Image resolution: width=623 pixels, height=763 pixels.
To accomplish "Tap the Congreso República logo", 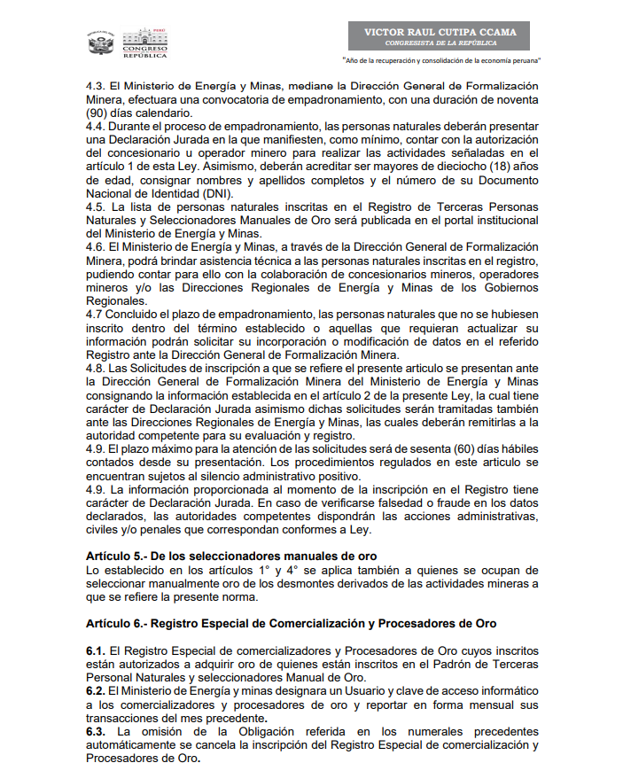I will tap(143, 43).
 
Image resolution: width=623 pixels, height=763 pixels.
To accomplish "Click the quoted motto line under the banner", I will tap(441, 61).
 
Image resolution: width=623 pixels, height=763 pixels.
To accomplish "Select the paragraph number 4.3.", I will tap(95, 87).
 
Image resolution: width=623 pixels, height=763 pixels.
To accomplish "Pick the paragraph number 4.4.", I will tap(95, 128).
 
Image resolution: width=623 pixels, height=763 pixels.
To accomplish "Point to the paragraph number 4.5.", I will tap(95, 207).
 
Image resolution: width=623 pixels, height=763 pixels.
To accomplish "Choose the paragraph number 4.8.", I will tap(95, 368).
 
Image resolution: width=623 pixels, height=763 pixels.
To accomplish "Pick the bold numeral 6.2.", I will tap(96, 689).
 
